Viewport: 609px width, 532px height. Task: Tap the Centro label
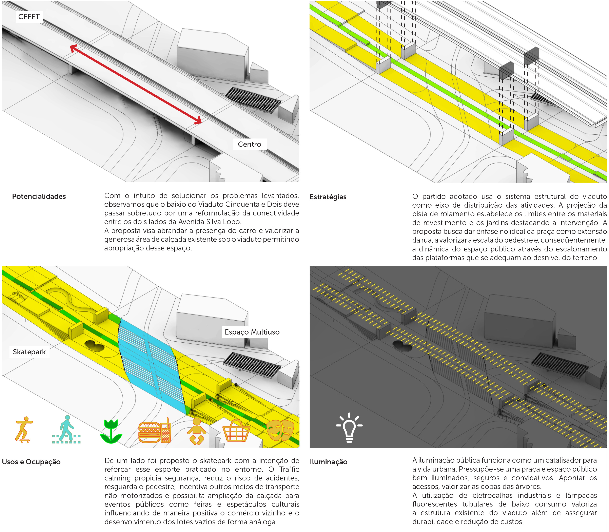pos(249,144)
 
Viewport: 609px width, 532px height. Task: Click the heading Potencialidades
pos(39,196)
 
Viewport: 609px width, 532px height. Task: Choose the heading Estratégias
pos(328,197)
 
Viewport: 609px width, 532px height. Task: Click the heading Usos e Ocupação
pos(31,462)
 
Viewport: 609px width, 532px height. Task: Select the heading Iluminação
pos(329,462)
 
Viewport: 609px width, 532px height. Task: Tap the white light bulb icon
pos(349,427)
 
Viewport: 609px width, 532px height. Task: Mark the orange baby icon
pos(196,431)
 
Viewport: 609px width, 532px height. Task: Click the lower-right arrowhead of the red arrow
pos(198,120)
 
